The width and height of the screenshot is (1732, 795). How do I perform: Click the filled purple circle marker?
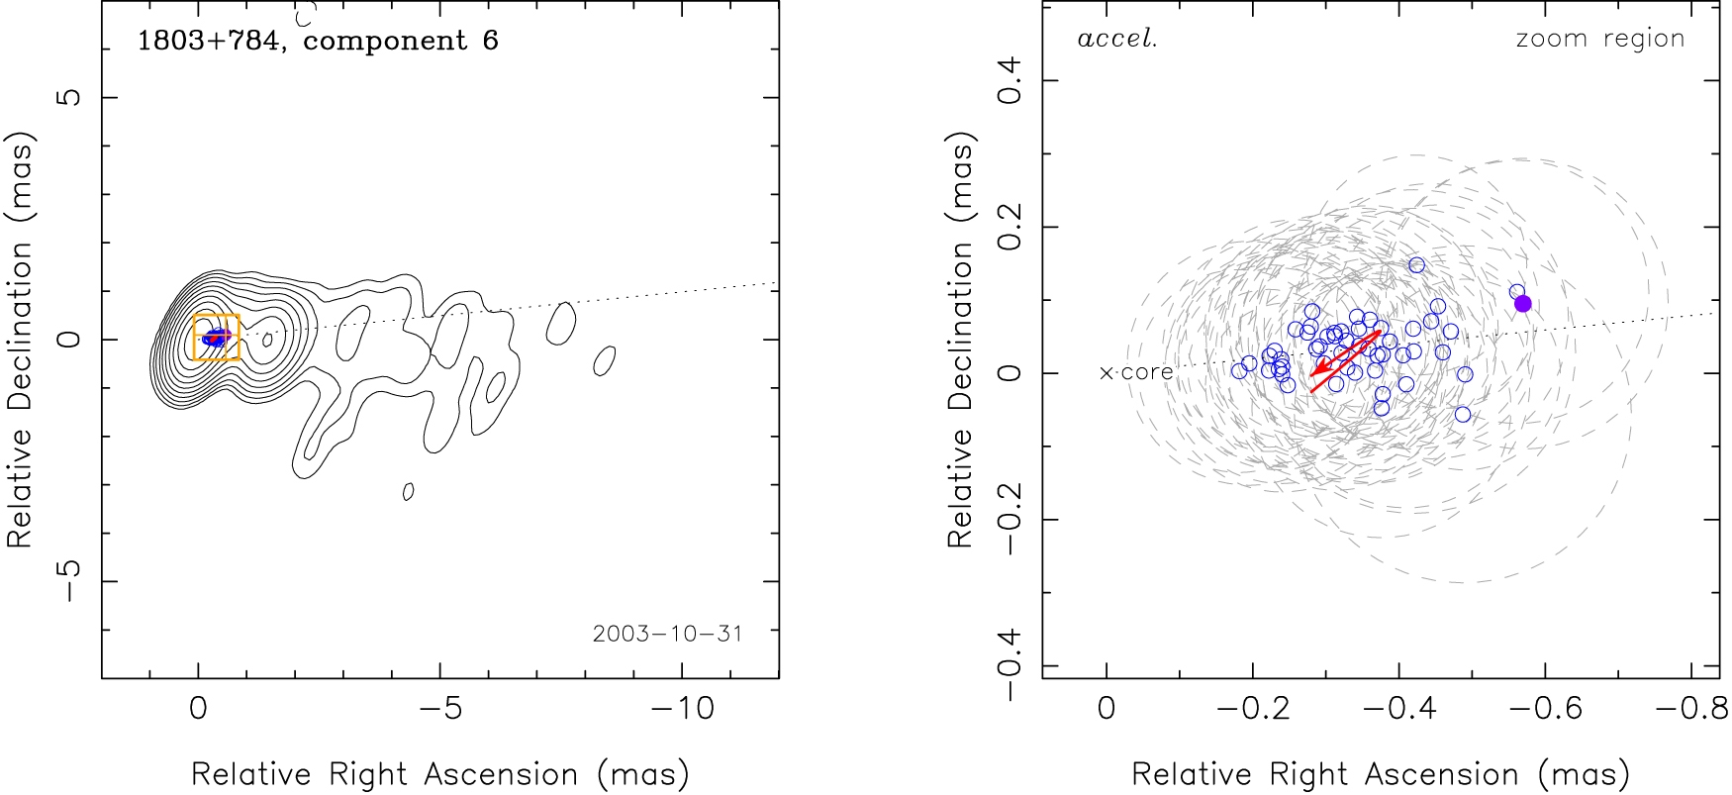[1523, 303]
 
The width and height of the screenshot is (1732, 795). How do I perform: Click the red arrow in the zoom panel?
[1345, 353]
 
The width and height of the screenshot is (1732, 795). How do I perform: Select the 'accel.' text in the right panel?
[1117, 40]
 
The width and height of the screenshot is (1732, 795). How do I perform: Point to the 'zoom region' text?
[1599, 40]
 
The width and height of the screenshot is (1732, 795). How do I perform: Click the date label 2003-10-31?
[667, 634]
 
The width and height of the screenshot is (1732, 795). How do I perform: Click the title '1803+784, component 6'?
[318, 41]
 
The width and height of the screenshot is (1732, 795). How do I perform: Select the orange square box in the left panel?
[216, 337]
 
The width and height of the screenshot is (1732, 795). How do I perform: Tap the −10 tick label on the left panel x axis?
[681, 709]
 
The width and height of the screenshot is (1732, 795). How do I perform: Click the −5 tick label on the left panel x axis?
[439, 709]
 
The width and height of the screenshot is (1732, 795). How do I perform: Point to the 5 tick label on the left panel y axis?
[68, 97]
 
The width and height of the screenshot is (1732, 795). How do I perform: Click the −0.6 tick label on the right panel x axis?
[1545, 709]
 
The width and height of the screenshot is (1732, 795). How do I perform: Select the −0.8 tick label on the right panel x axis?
[1690, 709]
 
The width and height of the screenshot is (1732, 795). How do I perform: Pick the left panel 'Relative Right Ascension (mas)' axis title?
[439, 774]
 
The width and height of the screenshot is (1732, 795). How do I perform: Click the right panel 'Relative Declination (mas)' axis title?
[960, 340]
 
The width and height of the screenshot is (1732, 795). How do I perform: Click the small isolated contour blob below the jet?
[408, 491]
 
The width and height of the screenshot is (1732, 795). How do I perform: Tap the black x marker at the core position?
[1107, 373]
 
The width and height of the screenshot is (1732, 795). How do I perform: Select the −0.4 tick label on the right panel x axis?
[1398, 709]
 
